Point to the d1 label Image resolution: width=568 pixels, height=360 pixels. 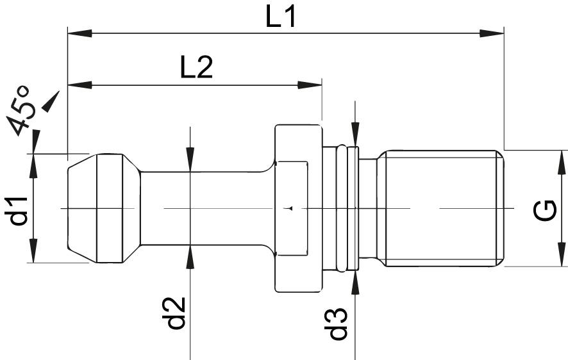coord(20,210)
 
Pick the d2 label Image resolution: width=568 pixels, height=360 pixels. coord(176,313)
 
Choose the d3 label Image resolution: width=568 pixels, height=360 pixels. coord(337,323)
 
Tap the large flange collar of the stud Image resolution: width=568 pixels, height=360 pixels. coord(297,209)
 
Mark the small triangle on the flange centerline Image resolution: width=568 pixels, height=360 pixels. coord(290,208)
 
